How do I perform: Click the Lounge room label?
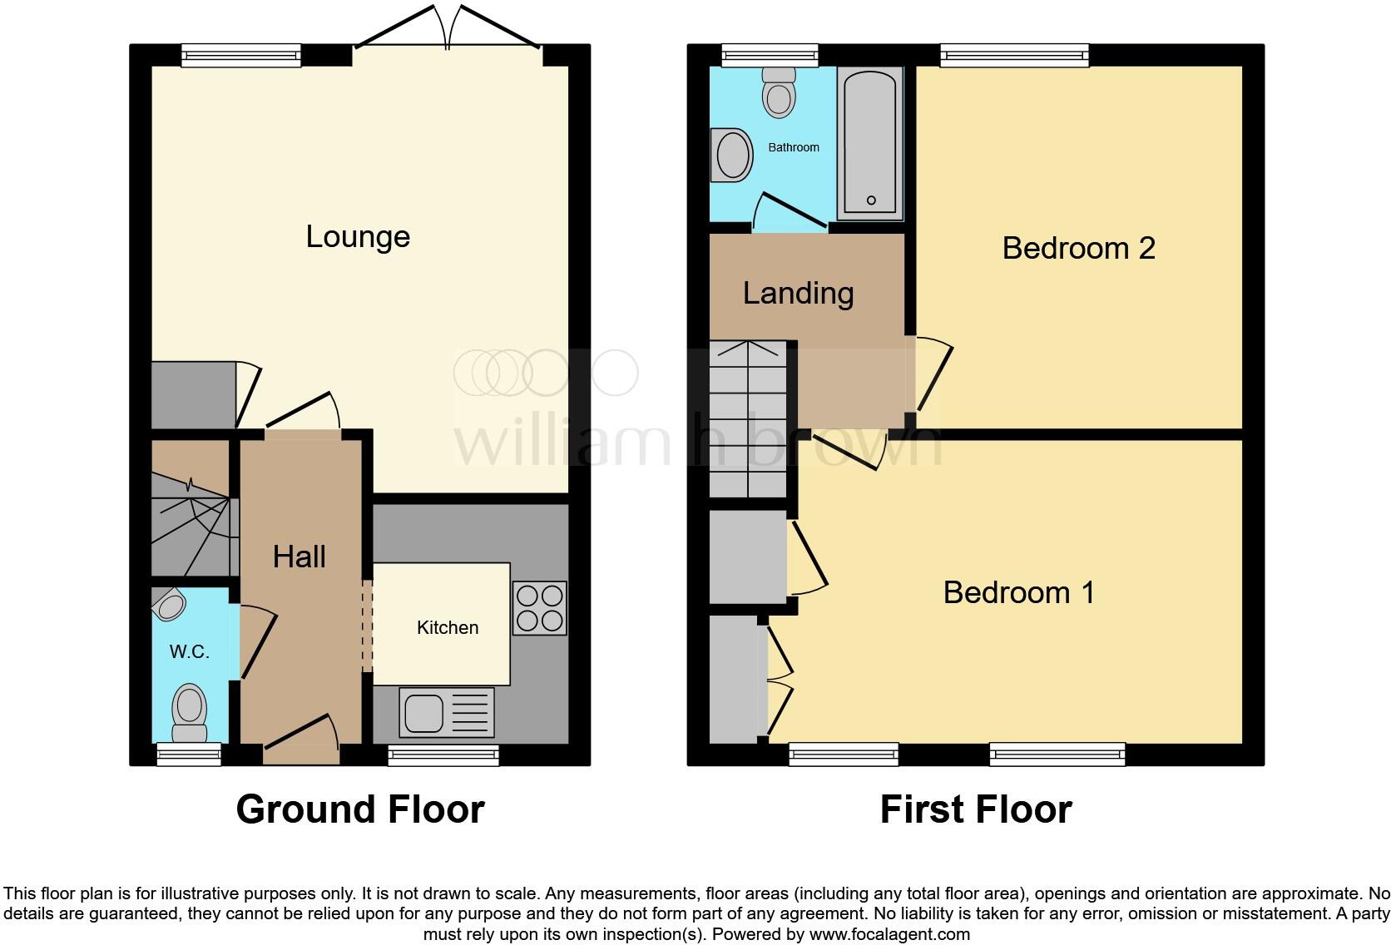tap(358, 237)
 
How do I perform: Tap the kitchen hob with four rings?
tap(539, 608)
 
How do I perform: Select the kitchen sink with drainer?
tap(447, 712)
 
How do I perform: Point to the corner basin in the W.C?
tap(170, 605)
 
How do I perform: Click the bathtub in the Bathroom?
tap(870, 143)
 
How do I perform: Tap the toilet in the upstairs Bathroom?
tap(779, 92)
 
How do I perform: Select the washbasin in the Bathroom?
tap(732, 155)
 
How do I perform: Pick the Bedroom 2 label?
tap(1078, 248)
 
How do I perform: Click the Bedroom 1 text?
tap(1018, 592)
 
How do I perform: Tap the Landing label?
tap(798, 293)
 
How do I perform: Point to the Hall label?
tap(299, 557)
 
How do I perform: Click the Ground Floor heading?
tap(359, 809)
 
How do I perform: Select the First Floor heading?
tap(975, 809)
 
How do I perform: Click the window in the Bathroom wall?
tap(770, 56)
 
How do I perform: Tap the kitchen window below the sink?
tap(443, 755)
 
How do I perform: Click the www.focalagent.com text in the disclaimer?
tap(889, 934)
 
